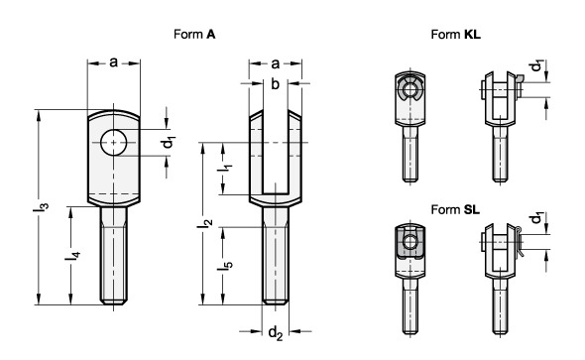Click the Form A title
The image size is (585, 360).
[x=194, y=35]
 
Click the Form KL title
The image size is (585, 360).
[x=455, y=35]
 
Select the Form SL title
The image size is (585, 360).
[x=455, y=209]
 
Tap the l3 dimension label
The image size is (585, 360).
[x=41, y=207]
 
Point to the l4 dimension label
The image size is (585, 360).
[x=72, y=256]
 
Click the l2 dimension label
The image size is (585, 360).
[x=204, y=223]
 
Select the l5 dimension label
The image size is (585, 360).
[x=225, y=265]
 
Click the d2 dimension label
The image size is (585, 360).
[x=276, y=332]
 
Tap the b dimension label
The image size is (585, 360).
[x=275, y=84]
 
